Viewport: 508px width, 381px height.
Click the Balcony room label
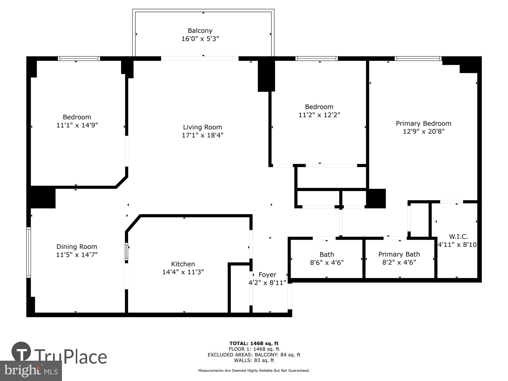[x=200, y=31]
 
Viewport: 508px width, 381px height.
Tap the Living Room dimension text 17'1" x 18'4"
[x=202, y=135]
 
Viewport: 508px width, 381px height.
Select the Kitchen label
[x=183, y=264]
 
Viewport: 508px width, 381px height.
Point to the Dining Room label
[x=77, y=247]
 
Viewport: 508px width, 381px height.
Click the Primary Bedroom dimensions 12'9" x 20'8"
[x=423, y=132]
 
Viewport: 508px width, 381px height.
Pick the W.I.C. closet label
[x=458, y=237]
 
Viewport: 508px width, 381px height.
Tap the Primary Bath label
[x=399, y=254]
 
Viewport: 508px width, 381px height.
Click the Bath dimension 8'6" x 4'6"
[x=327, y=262]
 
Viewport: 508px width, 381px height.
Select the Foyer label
[x=267, y=275]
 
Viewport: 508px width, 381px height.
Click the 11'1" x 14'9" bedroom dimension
[x=77, y=125]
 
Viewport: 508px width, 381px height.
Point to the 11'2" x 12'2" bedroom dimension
[x=319, y=115]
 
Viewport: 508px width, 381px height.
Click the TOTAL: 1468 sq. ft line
[x=254, y=343]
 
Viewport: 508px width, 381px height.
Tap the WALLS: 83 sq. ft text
[x=254, y=360]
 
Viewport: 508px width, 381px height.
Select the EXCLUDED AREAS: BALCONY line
[x=254, y=355]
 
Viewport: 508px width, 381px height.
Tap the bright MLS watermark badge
[x=31, y=371]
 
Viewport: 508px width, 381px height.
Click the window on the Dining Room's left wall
[x=28, y=252]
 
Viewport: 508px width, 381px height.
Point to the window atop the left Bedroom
[x=79, y=59]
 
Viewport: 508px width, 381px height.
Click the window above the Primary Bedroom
[x=418, y=59]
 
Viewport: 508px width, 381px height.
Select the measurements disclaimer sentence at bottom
[x=254, y=371]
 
